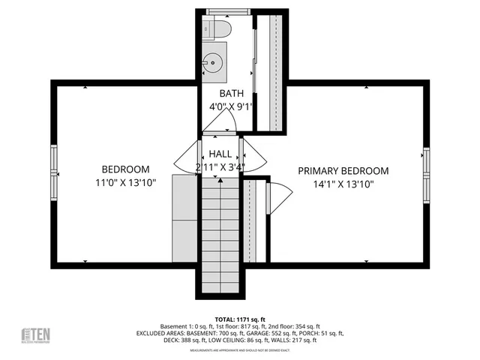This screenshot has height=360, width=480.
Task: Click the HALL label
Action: point(220,153)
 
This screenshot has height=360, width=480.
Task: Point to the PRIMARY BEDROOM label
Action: point(343,170)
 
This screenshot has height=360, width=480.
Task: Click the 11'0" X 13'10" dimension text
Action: point(125,182)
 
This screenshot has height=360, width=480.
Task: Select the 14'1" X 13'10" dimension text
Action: point(343,183)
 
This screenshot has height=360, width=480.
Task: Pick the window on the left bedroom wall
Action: point(54,171)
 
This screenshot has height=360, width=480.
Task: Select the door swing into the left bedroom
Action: point(186,157)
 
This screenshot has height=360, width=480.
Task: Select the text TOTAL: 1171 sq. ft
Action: point(240,318)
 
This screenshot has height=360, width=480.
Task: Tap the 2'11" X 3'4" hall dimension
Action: point(220,166)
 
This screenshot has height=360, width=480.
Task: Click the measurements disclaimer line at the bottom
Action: point(239,350)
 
